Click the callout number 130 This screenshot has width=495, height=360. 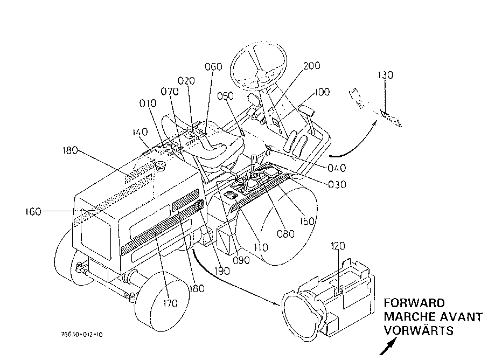pos(385,75)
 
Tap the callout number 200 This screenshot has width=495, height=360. pos(311,66)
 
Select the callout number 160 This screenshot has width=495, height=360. pos(33,212)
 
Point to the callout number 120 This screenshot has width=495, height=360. pos(338,246)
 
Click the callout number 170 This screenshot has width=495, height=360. pos(170,303)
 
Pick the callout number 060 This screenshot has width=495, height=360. pos(214,67)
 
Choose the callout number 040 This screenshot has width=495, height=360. pos(337,168)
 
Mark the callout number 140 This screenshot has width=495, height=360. pos(140,131)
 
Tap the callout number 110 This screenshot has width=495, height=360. pos(261,247)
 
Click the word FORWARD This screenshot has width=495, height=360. pos(414,303)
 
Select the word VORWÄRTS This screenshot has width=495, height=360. pos(419,330)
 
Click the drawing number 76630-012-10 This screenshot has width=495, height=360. pos(82,335)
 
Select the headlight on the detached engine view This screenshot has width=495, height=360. pos(303,316)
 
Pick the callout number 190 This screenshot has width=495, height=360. pos(222,271)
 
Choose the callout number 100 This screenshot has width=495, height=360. pos(322,92)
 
